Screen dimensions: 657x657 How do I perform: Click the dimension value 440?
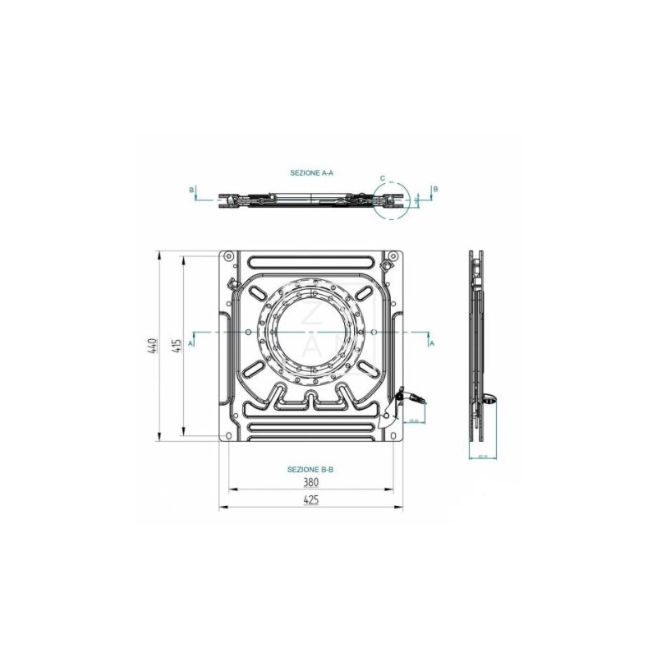pyautogui.click(x=152, y=347)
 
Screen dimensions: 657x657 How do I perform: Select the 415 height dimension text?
pyautogui.click(x=176, y=347)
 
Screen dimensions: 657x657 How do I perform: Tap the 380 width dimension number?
pyautogui.click(x=310, y=483)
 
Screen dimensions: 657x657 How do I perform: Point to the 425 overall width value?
pyautogui.click(x=310, y=500)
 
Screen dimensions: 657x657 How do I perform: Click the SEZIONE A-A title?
pyautogui.click(x=311, y=173)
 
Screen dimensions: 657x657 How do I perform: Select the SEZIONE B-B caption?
pyautogui.click(x=310, y=469)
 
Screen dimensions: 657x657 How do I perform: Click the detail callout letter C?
pyautogui.click(x=383, y=178)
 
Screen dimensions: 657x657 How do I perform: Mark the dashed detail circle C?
pyautogui.click(x=390, y=200)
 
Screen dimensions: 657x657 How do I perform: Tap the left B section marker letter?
pyautogui.click(x=191, y=190)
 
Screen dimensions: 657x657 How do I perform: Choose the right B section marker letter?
pyautogui.click(x=435, y=189)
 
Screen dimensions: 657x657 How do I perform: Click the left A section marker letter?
pyautogui.click(x=191, y=343)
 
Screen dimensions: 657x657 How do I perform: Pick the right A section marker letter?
pyautogui.click(x=432, y=343)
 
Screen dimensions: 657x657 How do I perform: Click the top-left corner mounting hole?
pyautogui.click(x=228, y=258)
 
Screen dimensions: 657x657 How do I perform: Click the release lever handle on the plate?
pyautogui.click(x=416, y=398)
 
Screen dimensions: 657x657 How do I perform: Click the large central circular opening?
pyautogui.click(x=311, y=332)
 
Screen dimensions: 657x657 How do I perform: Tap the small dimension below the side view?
pyautogui.click(x=482, y=456)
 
